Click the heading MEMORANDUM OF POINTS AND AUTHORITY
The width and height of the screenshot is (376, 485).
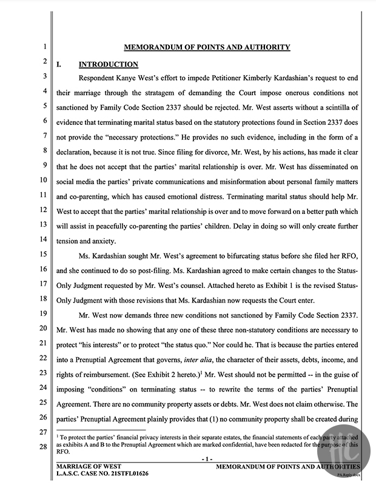pos(207,47)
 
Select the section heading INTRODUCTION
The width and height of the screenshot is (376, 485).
pos(109,64)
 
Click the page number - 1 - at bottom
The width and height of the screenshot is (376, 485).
pos(207,459)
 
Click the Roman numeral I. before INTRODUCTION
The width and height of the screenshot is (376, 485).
pos(59,64)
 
